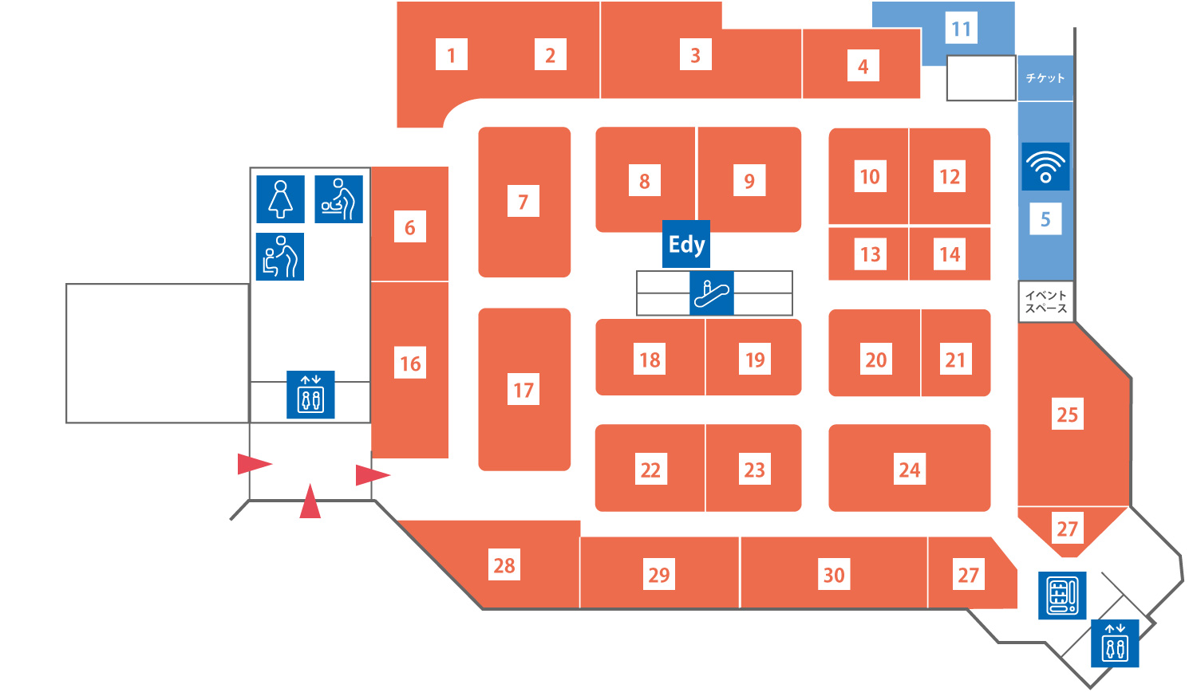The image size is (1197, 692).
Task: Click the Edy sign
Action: coord(686,245)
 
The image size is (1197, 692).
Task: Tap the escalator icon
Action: coord(711,293)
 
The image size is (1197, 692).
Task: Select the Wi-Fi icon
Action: coord(1045,167)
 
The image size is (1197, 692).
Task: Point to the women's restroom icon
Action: coord(280,199)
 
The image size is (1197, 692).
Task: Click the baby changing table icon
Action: coord(339,199)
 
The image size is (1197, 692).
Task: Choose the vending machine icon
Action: coord(1062,595)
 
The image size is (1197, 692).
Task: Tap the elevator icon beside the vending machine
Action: coord(1115,643)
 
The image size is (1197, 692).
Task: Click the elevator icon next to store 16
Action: coord(310,395)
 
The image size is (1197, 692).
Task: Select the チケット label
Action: coord(1045,78)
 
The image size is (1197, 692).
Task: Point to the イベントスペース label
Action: coord(1046,302)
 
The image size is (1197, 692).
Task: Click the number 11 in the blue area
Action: coord(962,29)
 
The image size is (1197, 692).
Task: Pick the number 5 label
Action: coord(1045,219)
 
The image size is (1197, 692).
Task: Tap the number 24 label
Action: coord(910,470)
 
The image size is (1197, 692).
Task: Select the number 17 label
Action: coord(523,390)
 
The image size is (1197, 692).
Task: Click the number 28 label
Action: coord(504,565)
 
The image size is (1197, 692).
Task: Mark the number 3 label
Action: coord(695,55)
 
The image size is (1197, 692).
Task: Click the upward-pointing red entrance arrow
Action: coord(310,502)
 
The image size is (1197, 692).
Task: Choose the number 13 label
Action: coord(870,254)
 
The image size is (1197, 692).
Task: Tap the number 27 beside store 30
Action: coord(968,575)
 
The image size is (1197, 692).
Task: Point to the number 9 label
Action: coord(749,181)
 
